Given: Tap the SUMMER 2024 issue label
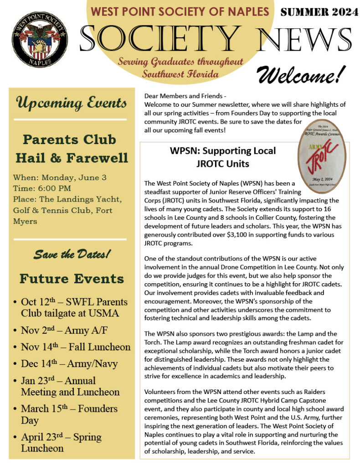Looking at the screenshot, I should [319, 12].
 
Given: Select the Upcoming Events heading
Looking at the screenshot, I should [72, 103].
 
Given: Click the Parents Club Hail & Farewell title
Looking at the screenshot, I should [72, 148].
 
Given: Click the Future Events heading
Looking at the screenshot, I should [72, 278].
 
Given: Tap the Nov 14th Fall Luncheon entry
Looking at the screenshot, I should [75, 347].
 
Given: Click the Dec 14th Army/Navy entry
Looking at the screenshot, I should [69, 363].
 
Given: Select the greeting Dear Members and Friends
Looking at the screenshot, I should [185, 96].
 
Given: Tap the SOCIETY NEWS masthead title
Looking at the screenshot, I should [216, 38].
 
